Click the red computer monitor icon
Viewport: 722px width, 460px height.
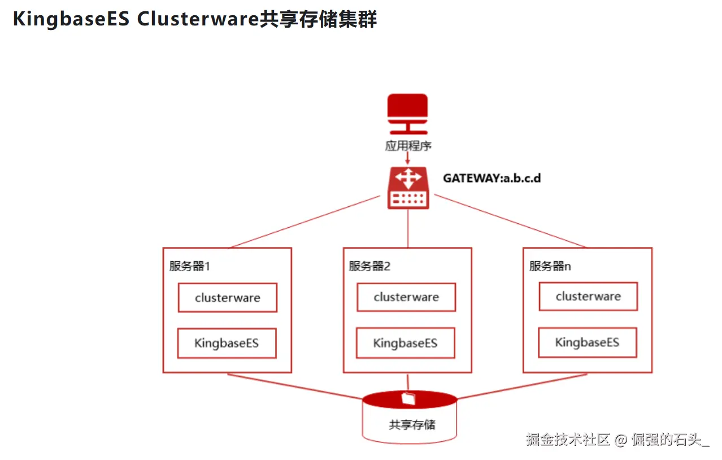tap(408, 114)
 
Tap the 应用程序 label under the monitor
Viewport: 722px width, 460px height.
tap(408, 146)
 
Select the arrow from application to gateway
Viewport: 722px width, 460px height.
tap(408, 158)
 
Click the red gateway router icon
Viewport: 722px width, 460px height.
tap(408, 188)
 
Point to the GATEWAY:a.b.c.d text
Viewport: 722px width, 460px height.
tap(492, 178)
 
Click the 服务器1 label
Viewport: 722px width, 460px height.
tap(189, 266)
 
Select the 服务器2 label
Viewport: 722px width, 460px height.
tap(369, 266)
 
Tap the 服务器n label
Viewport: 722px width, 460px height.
tap(550, 266)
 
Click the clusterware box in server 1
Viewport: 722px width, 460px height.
tap(228, 298)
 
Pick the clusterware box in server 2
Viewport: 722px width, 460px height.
tap(406, 297)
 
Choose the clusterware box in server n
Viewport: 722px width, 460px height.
tap(588, 297)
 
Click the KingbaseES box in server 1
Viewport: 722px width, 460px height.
tap(227, 343)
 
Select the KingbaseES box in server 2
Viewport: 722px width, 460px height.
tap(406, 343)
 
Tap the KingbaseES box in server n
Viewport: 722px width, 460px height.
tap(588, 342)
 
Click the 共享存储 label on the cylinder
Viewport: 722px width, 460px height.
tap(412, 425)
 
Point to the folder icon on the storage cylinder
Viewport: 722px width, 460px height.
tap(408, 398)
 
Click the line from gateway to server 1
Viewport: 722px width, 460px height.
tap(306, 222)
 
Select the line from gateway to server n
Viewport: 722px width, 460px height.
tap(510, 221)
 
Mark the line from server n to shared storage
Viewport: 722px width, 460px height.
tap(522, 387)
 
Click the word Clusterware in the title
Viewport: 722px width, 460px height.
tap(198, 19)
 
